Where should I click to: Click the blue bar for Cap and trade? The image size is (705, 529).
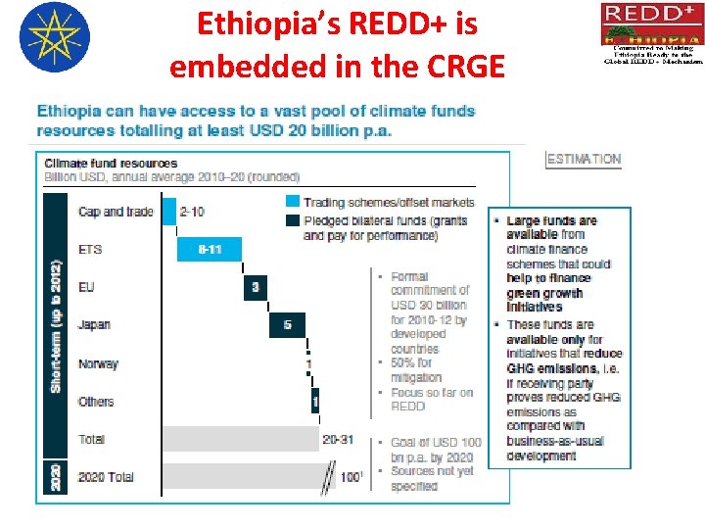point(167,212)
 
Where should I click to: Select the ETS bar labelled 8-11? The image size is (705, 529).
point(209,250)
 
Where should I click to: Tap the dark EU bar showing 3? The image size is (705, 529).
point(255,287)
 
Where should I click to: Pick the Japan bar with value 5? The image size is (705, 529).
point(287,324)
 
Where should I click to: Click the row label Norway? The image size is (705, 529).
point(98,363)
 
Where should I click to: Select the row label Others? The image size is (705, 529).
point(96,402)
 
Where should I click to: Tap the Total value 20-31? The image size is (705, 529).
point(338,439)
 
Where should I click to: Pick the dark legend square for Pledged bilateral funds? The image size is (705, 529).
point(293,220)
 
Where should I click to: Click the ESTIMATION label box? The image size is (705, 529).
point(584,159)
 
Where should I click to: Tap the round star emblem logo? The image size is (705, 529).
point(54,37)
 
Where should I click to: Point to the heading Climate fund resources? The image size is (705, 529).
point(111,164)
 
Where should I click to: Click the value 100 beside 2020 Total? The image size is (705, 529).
point(351,477)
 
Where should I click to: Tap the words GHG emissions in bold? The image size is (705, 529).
point(551,368)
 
